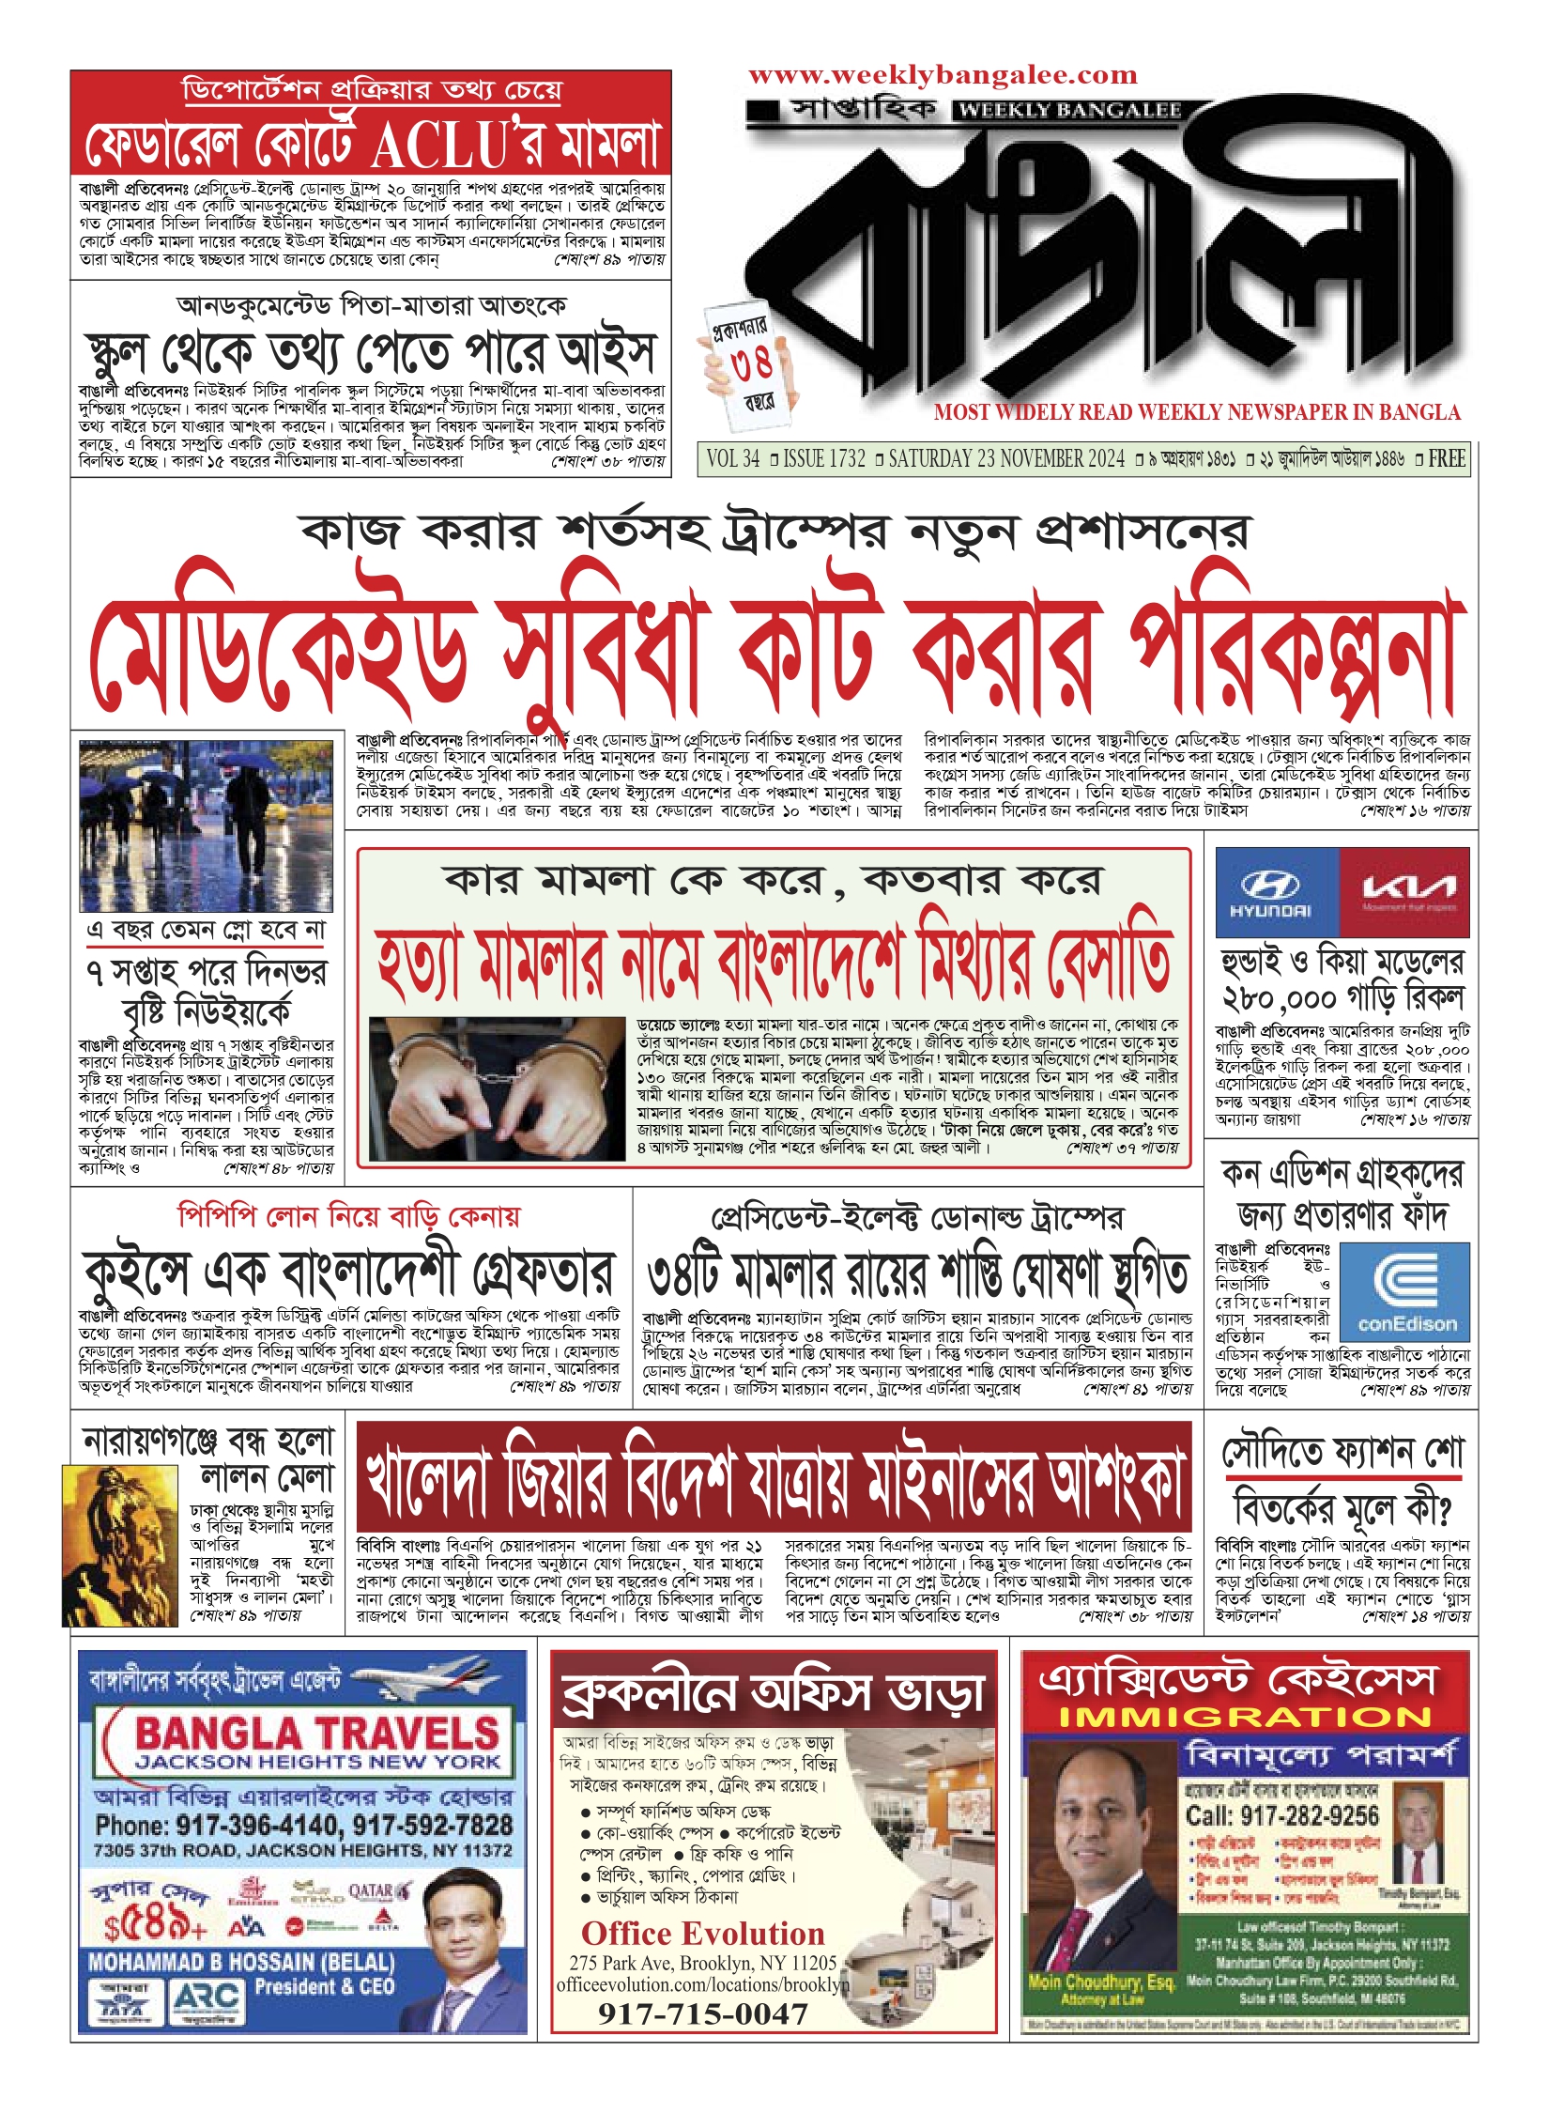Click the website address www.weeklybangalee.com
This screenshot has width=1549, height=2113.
[x=943, y=75]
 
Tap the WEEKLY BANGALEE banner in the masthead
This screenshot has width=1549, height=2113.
[x=1069, y=111]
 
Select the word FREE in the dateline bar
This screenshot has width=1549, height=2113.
[x=1446, y=459]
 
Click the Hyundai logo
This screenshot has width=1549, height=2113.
[x=1276, y=891]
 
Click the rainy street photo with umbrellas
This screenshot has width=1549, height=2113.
[x=206, y=825]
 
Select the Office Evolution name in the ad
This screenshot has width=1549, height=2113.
[x=702, y=1934]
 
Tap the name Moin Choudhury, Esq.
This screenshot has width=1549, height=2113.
[x=1101, y=1981]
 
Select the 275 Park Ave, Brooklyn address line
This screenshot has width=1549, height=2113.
[x=702, y=1963]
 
